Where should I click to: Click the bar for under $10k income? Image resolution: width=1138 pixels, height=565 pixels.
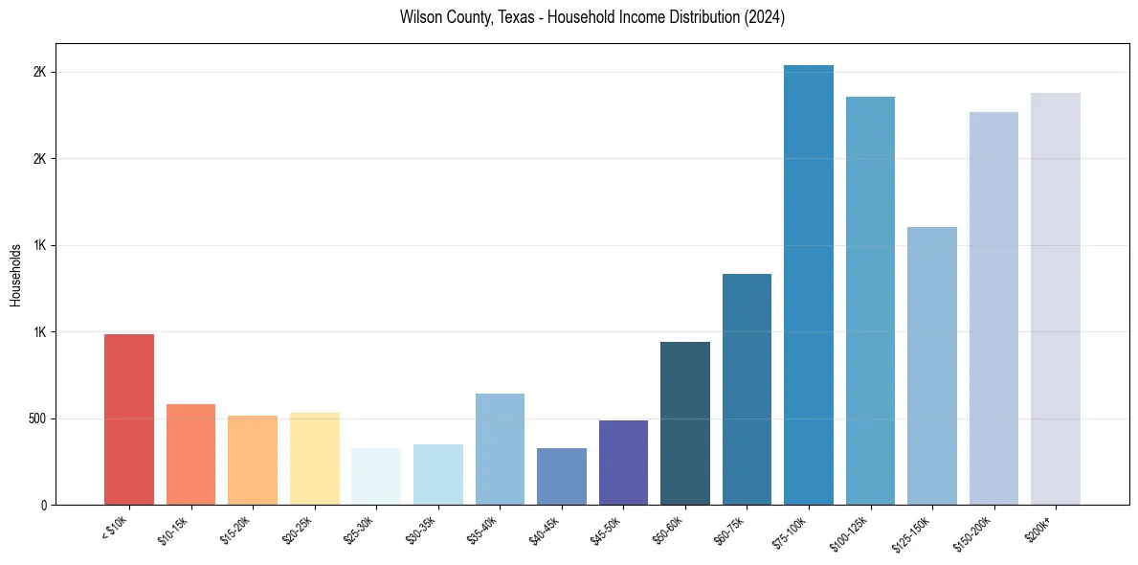coord(128,419)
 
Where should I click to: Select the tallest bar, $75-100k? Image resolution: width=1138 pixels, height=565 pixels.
coord(809,285)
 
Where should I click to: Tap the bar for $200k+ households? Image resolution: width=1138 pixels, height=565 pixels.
coord(1056,299)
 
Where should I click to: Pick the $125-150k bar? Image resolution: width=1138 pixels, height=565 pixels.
coord(932,366)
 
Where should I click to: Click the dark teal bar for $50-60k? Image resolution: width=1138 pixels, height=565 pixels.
coord(685,423)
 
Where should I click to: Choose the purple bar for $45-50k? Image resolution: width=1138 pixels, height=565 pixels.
coord(623,463)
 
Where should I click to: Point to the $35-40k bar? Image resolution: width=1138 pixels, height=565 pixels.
coord(500,449)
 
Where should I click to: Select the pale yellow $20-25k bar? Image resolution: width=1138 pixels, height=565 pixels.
coord(315,459)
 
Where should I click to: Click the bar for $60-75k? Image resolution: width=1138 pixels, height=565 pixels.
coord(747,390)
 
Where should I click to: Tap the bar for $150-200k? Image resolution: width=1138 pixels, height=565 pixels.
coord(993,308)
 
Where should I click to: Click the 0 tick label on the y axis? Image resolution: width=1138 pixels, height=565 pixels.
coord(42,505)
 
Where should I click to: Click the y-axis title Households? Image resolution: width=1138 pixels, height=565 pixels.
coord(15,275)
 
